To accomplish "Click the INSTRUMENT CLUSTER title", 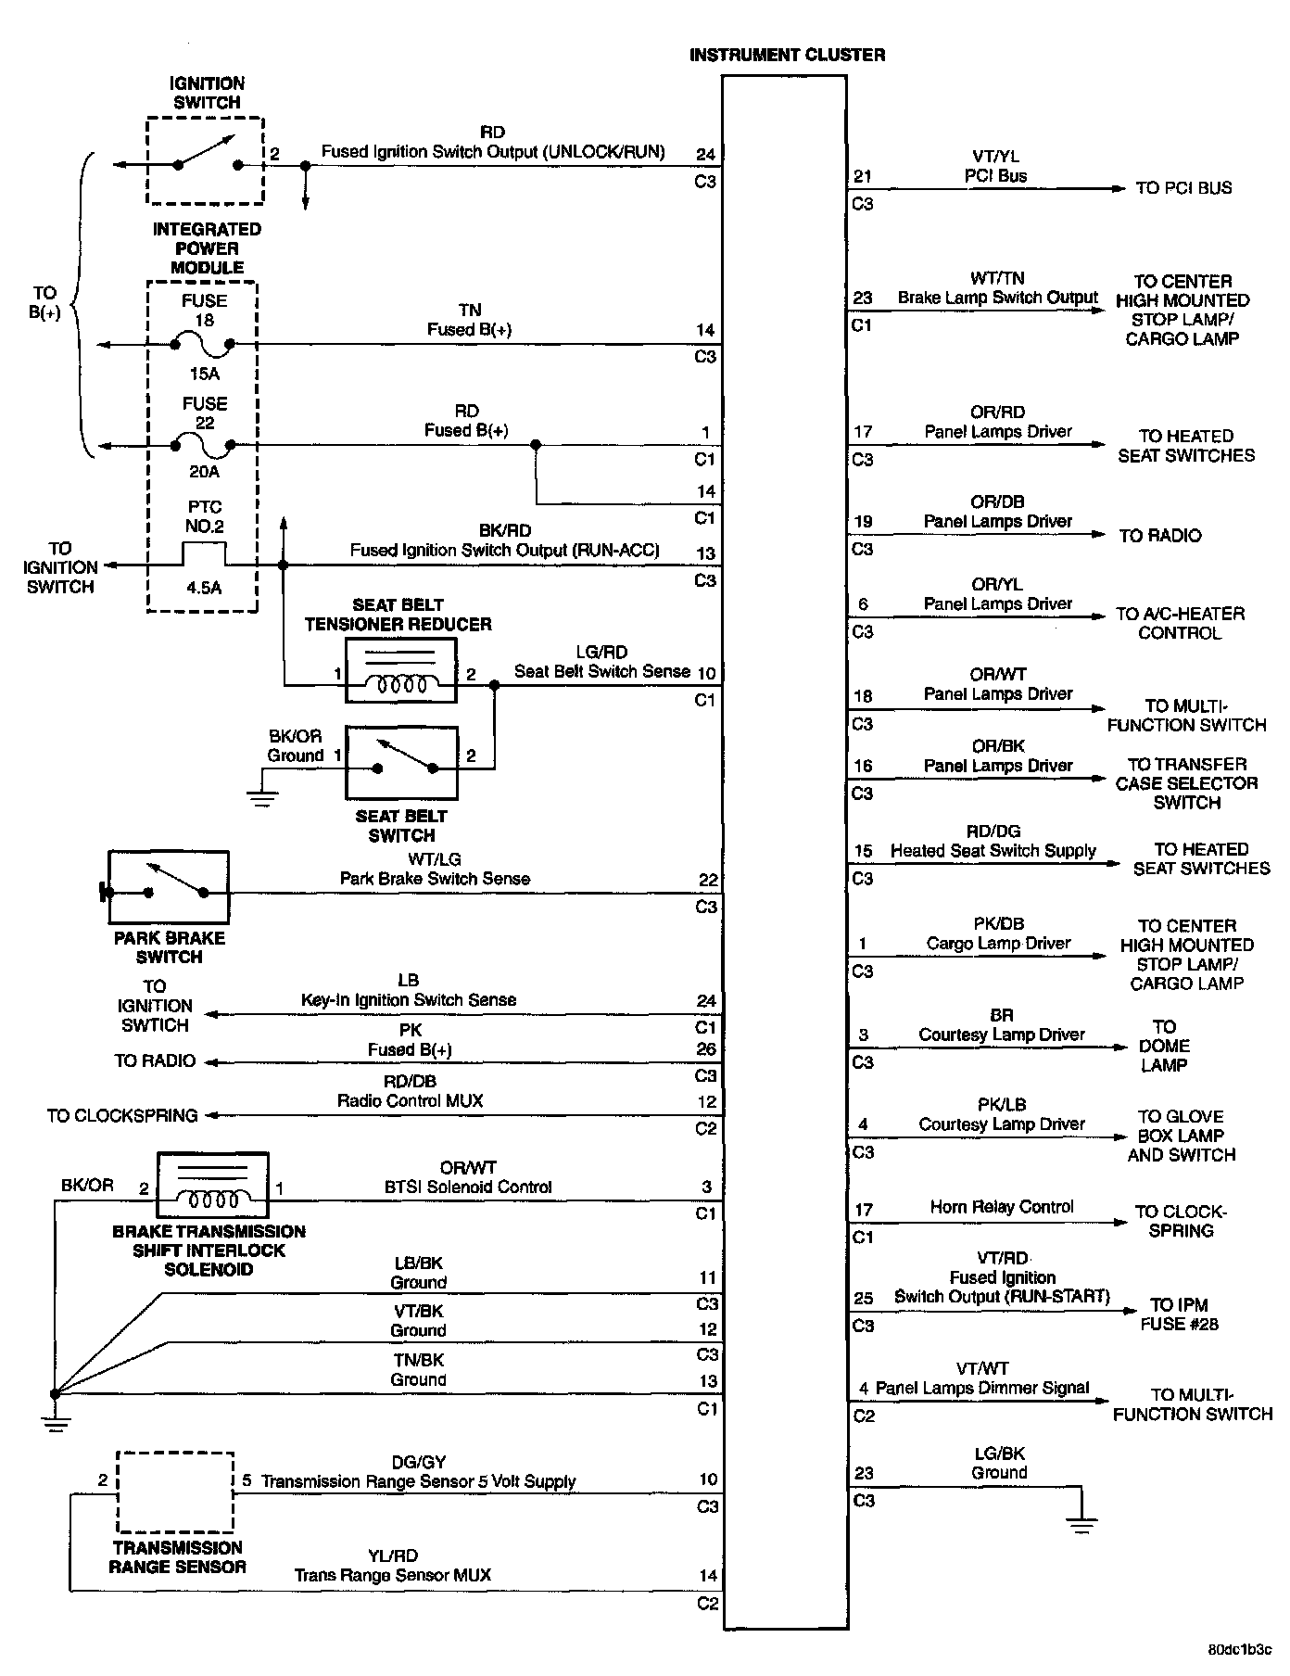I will click(x=787, y=56).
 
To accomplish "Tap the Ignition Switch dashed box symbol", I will click(x=205, y=160).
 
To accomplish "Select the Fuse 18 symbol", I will click(x=204, y=344).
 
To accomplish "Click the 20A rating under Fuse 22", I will click(x=204, y=472).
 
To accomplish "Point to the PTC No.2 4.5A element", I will click(x=204, y=556).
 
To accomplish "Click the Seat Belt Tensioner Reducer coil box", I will click(x=400, y=670).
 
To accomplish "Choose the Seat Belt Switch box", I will click(x=400, y=763).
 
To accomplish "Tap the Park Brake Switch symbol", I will click(x=169, y=888).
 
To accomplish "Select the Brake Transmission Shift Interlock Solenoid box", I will click(x=212, y=1186).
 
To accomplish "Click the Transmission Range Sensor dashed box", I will click(x=175, y=1492).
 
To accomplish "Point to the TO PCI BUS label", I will click(x=1183, y=188).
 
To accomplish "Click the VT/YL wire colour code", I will click(x=996, y=157).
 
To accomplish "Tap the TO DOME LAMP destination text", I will click(x=1164, y=1046).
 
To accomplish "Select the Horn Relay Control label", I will click(x=1002, y=1207).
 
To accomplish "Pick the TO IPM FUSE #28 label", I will click(x=1179, y=1314).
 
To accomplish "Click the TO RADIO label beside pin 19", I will click(x=1159, y=536).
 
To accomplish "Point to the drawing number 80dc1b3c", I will click(x=1240, y=1650).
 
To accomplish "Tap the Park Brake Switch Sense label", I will click(x=435, y=879).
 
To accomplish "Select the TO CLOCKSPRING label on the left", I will click(x=122, y=1115).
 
